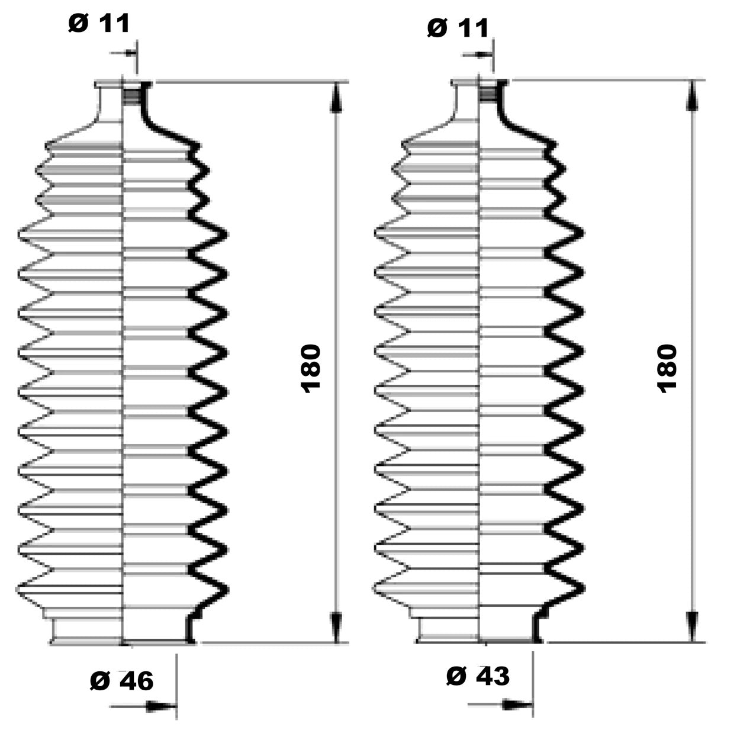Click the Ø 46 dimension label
pyautogui.click(x=122, y=681)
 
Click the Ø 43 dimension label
pyautogui.click(x=478, y=675)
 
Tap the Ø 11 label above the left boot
pyautogui.click(x=99, y=23)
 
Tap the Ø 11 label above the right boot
pyautogui.click(x=458, y=27)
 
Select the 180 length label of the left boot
pyautogui.click(x=311, y=367)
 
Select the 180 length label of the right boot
pyautogui.click(x=667, y=367)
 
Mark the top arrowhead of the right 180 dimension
pyautogui.click(x=691, y=96)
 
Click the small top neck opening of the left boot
pyautogui.click(x=123, y=89)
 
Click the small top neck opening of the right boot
pyautogui.click(x=479, y=89)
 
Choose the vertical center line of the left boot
pyautogui.click(x=122, y=355)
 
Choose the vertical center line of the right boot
pyautogui.click(x=478, y=355)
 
